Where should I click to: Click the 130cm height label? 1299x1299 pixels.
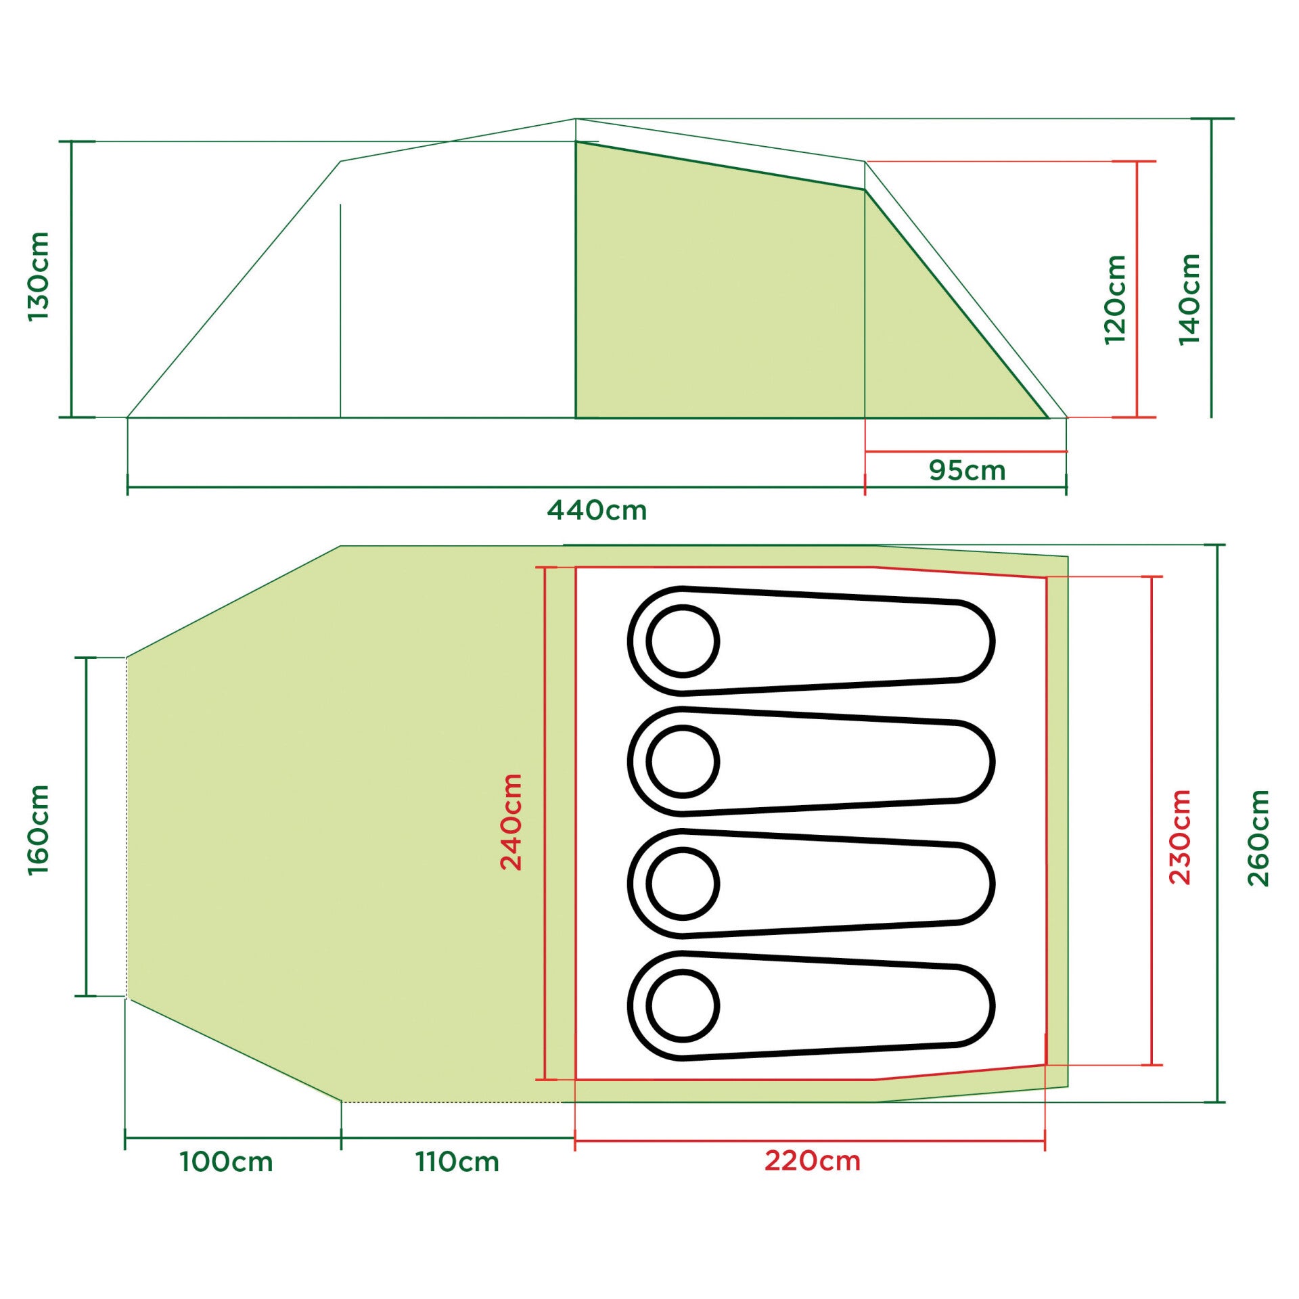(39, 276)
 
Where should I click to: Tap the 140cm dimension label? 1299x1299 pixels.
(1189, 299)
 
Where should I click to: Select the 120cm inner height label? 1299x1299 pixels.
(1115, 300)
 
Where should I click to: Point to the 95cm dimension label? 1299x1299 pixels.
(967, 470)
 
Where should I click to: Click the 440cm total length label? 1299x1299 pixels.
(597, 510)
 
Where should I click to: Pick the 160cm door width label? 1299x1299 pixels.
(39, 829)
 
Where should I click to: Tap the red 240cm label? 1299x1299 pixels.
(511, 822)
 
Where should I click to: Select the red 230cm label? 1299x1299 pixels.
(1180, 837)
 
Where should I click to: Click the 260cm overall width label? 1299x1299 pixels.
(1259, 838)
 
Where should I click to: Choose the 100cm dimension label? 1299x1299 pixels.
(226, 1162)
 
